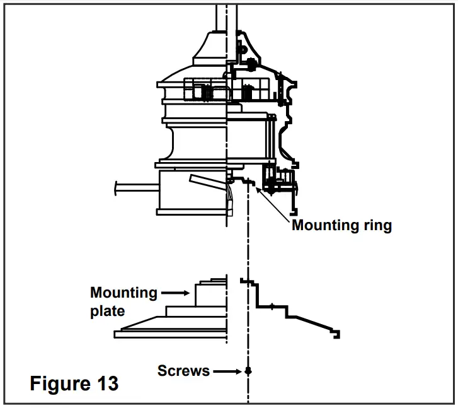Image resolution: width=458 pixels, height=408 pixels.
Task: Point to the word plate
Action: tap(107, 311)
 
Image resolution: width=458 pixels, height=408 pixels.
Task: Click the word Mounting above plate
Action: tap(123, 293)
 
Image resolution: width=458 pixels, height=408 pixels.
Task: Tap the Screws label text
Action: tap(183, 371)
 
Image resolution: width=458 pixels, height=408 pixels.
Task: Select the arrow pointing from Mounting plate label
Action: tap(176, 293)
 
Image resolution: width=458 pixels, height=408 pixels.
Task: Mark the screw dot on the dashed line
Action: tap(248, 371)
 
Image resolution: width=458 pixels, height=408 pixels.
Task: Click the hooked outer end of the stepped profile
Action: tap(337, 334)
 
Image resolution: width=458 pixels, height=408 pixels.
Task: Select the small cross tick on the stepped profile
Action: tap(272, 306)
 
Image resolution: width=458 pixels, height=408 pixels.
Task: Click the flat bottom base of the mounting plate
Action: tap(170, 334)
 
